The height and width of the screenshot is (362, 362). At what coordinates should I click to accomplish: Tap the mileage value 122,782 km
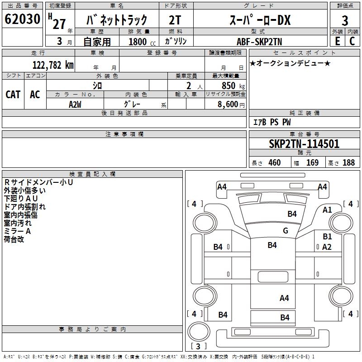point(53,65)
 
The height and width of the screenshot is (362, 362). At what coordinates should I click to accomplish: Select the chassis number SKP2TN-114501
point(304,144)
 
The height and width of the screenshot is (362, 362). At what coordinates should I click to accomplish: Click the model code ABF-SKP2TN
point(259,41)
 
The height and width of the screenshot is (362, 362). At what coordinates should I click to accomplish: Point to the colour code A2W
point(75,104)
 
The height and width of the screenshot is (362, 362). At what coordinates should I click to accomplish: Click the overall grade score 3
point(345,20)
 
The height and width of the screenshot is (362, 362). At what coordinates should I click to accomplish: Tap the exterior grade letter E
point(337,41)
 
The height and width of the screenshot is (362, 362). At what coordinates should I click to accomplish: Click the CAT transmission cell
point(13,94)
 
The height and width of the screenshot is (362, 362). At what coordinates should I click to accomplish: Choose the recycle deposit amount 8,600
point(229,105)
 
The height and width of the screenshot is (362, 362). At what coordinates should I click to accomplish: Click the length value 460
point(274,162)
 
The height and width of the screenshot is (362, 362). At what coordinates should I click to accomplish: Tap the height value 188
point(348,162)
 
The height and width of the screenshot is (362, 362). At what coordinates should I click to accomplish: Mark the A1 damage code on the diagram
point(327,210)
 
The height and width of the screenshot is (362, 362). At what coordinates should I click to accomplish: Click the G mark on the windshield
point(285,231)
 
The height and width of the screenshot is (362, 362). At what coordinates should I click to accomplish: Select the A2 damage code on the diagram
point(327,247)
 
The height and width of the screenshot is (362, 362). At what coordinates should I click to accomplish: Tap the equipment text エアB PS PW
point(271,122)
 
